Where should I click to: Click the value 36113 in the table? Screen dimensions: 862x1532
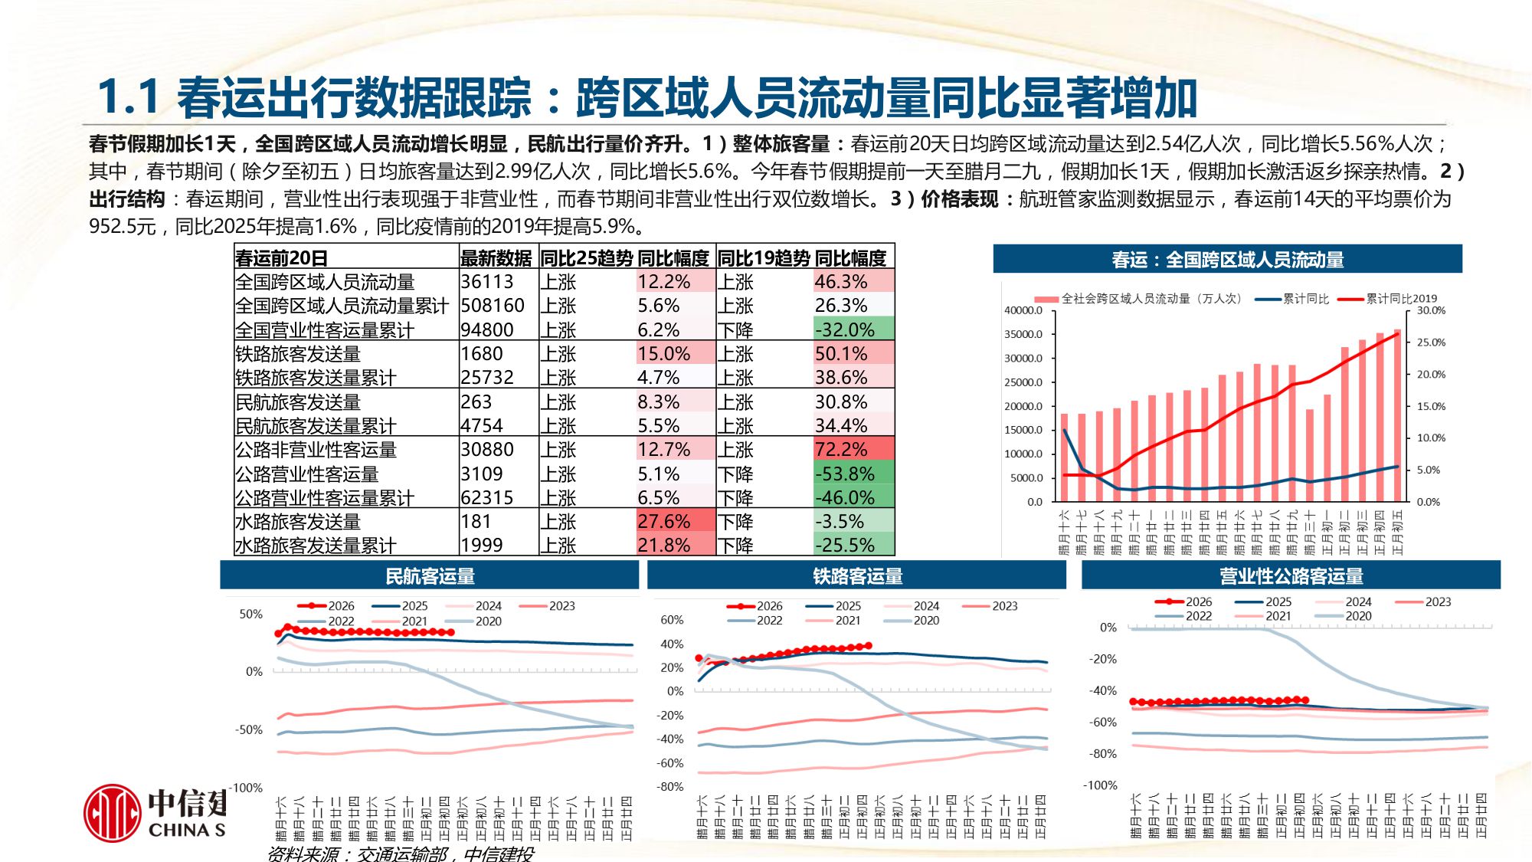(x=487, y=282)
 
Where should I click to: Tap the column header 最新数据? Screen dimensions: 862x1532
(x=496, y=258)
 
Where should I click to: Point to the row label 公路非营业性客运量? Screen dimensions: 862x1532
(x=316, y=450)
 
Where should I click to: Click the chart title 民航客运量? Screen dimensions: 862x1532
(x=430, y=576)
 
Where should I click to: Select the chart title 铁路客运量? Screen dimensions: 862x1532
(x=857, y=576)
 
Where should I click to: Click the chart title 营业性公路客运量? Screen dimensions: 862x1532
(x=1291, y=576)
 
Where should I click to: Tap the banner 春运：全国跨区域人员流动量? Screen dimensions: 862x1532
(x=1227, y=260)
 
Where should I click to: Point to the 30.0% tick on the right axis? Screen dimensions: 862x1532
(x=1431, y=310)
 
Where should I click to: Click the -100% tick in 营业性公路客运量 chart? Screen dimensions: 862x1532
(x=1100, y=785)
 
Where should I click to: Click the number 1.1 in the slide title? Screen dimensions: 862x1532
(x=129, y=97)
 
